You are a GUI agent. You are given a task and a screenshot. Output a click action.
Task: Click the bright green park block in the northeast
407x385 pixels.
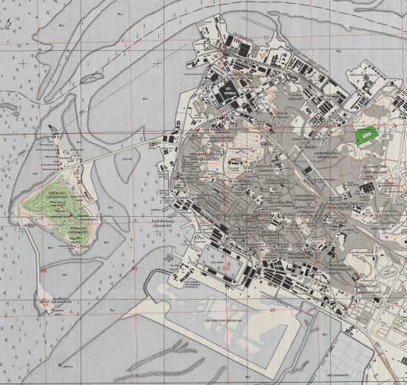point(367,135)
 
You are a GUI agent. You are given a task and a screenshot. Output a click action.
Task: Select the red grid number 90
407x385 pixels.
point(225,269)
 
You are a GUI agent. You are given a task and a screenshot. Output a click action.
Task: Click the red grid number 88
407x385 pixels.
point(45,270)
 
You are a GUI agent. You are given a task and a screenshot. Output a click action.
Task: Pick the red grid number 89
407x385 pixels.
point(134,269)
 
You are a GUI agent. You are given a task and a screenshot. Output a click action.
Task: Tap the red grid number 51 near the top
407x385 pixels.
point(266,36)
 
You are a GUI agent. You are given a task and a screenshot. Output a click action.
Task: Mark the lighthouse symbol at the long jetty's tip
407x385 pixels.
point(62,366)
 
